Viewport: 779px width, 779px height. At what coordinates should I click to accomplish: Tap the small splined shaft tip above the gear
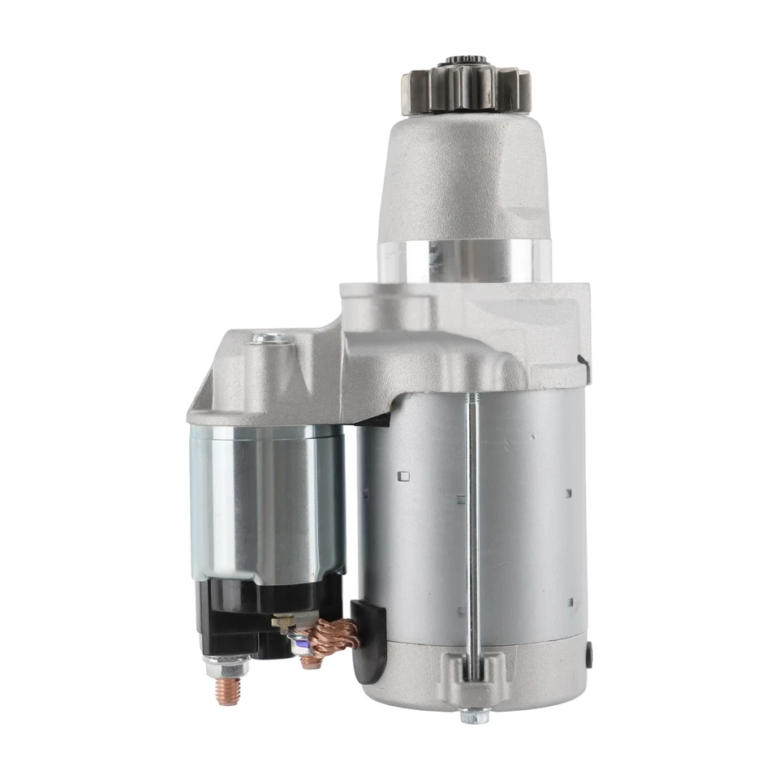[465, 62]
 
